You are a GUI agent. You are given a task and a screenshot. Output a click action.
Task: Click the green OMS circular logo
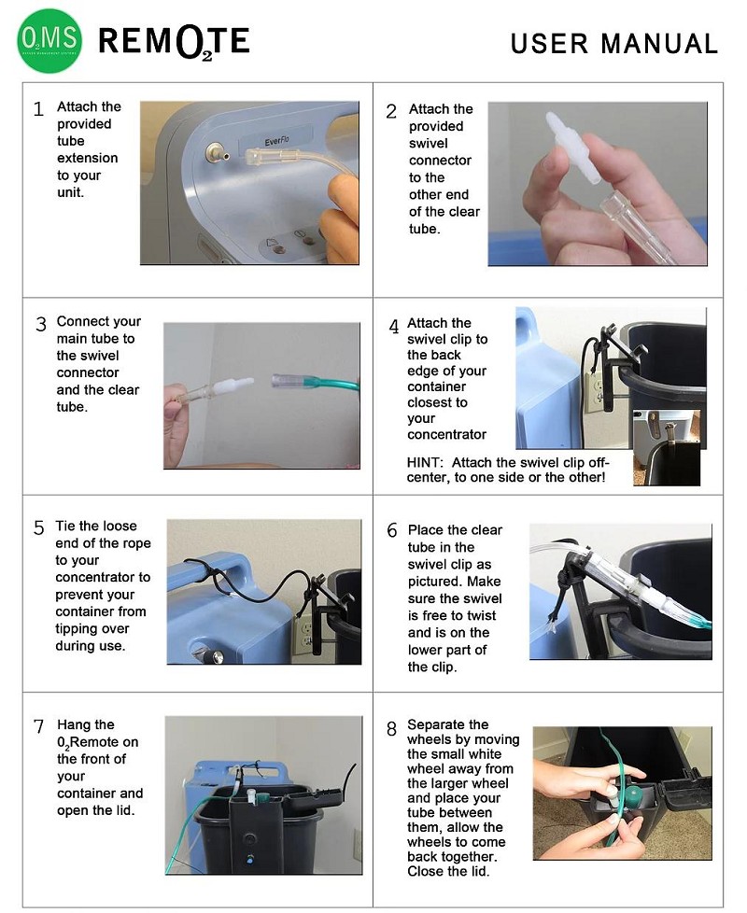(x=50, y=42)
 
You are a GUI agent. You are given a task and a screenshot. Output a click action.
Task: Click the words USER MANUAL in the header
(x=614, y=44)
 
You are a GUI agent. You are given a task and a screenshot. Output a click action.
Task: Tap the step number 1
(x=38, y=109)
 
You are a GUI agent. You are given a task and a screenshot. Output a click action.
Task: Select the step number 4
(x=394, y=327)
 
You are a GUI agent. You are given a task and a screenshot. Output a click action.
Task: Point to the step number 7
(x=38, y=726)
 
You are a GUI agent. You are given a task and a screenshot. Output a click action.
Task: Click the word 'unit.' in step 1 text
(x=71, y=192)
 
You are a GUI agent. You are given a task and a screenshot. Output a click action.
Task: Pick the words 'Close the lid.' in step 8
(x=447, y=871)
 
